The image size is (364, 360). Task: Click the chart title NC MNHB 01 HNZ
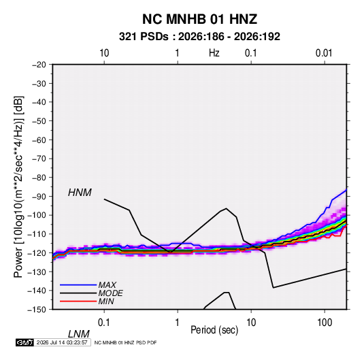tap(199, 19)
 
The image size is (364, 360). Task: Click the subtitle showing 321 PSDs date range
tap(199, 37)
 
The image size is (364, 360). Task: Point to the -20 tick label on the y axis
tap(39, 65)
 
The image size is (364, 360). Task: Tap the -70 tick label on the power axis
tap(39, 159)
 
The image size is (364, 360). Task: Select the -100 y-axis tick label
tap(37, 215)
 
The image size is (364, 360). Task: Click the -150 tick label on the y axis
tap(37, 310)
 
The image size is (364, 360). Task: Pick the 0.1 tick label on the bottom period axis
tap(104, 322)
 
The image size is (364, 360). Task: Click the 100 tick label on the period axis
tap(325, 322)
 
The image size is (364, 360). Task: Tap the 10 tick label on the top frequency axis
tap(104, 53)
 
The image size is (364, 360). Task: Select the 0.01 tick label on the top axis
tap(324, 53)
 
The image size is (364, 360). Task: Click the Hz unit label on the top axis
tap(214, 53)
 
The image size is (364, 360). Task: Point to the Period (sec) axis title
tap(214, 330)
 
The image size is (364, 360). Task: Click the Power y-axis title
tap(18, 187)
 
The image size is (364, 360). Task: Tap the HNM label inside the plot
tap(80, 193)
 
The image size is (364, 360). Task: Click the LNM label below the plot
tap(79, 334)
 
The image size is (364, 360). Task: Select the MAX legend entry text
tap(107, 284)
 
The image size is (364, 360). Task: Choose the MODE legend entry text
tap(110, 293)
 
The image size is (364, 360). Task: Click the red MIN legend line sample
tap(78, 301)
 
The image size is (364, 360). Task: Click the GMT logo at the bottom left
tap(25, 342)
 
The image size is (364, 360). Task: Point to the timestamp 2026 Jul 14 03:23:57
tap(62, 342)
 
